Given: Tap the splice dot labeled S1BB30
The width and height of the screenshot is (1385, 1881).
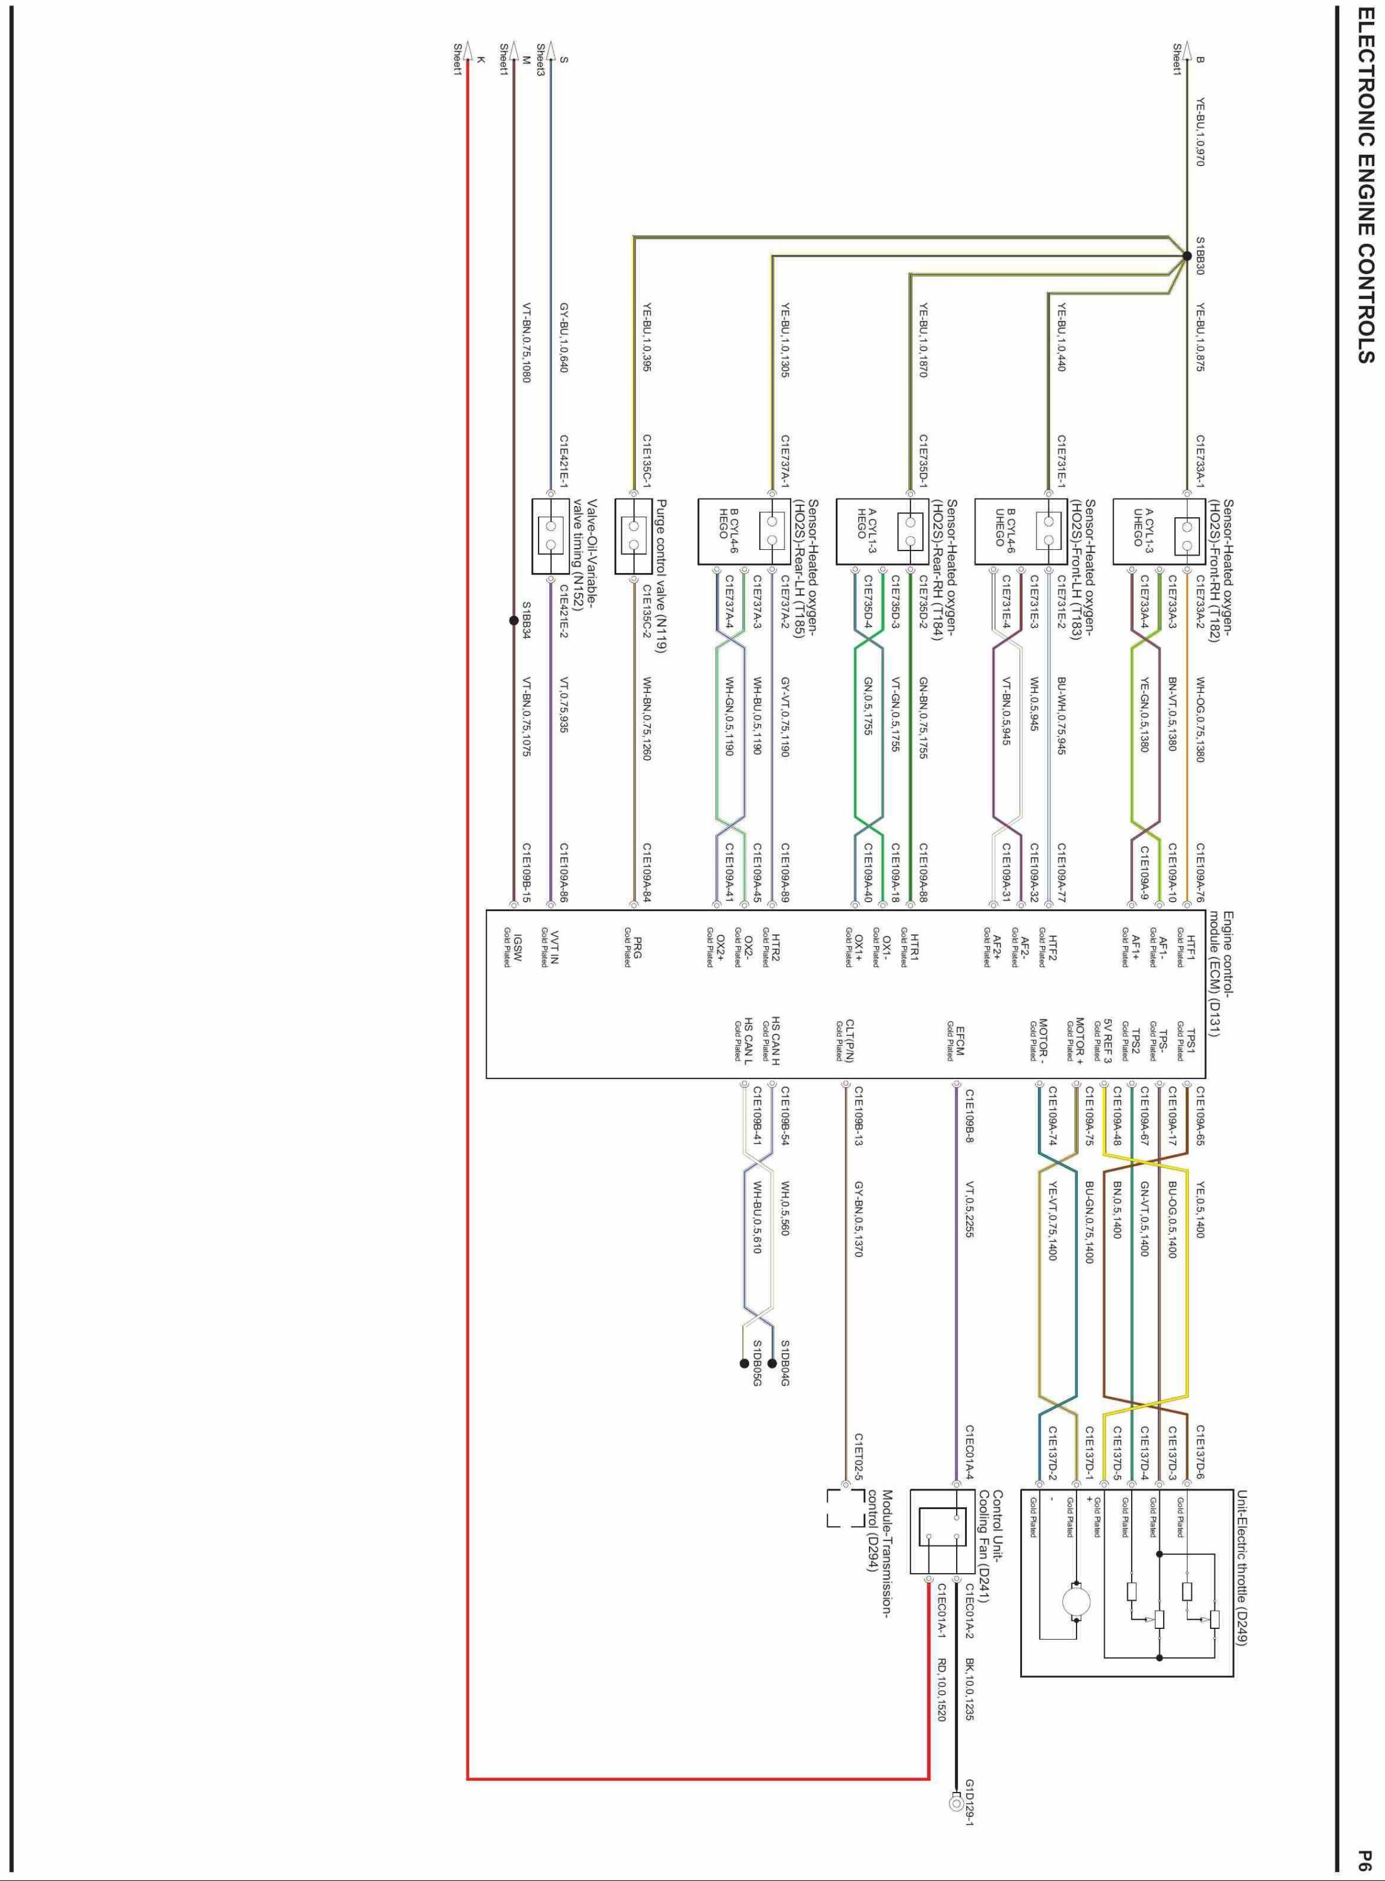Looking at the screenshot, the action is click(1187, 256).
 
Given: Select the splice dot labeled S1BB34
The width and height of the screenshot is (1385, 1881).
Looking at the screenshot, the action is click(513, 621).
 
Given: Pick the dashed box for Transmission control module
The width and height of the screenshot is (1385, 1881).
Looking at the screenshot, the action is click(845, 1509).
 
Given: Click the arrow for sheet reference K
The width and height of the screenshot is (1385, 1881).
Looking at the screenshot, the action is click(468, 48).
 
